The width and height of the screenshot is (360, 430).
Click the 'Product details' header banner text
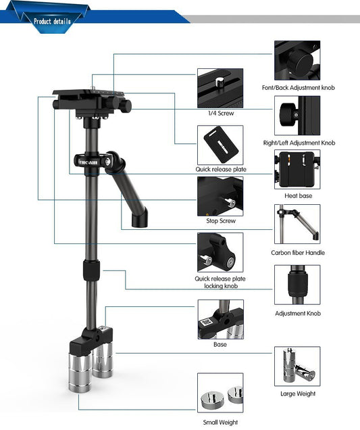(52, 21)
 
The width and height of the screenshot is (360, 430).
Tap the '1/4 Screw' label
(220, 113)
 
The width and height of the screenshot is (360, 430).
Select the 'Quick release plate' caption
(220, 169)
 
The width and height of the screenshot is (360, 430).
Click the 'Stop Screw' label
(220, 221)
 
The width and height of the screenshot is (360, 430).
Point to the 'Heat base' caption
(297, 196)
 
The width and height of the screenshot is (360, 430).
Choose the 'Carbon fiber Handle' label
(297, 252)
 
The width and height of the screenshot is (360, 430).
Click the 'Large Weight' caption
(297, 393)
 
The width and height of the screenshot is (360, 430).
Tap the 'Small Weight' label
(220, 422)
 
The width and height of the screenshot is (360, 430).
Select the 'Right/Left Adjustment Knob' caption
(299, 143)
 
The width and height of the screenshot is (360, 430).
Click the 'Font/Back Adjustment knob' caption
(298, 88)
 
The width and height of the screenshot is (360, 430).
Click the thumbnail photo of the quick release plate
(220, 143)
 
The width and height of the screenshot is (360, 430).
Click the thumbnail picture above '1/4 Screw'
(220, 88)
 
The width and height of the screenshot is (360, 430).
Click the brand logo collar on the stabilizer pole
(88, 163)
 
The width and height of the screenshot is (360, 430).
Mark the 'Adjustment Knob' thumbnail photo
(297, 285)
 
